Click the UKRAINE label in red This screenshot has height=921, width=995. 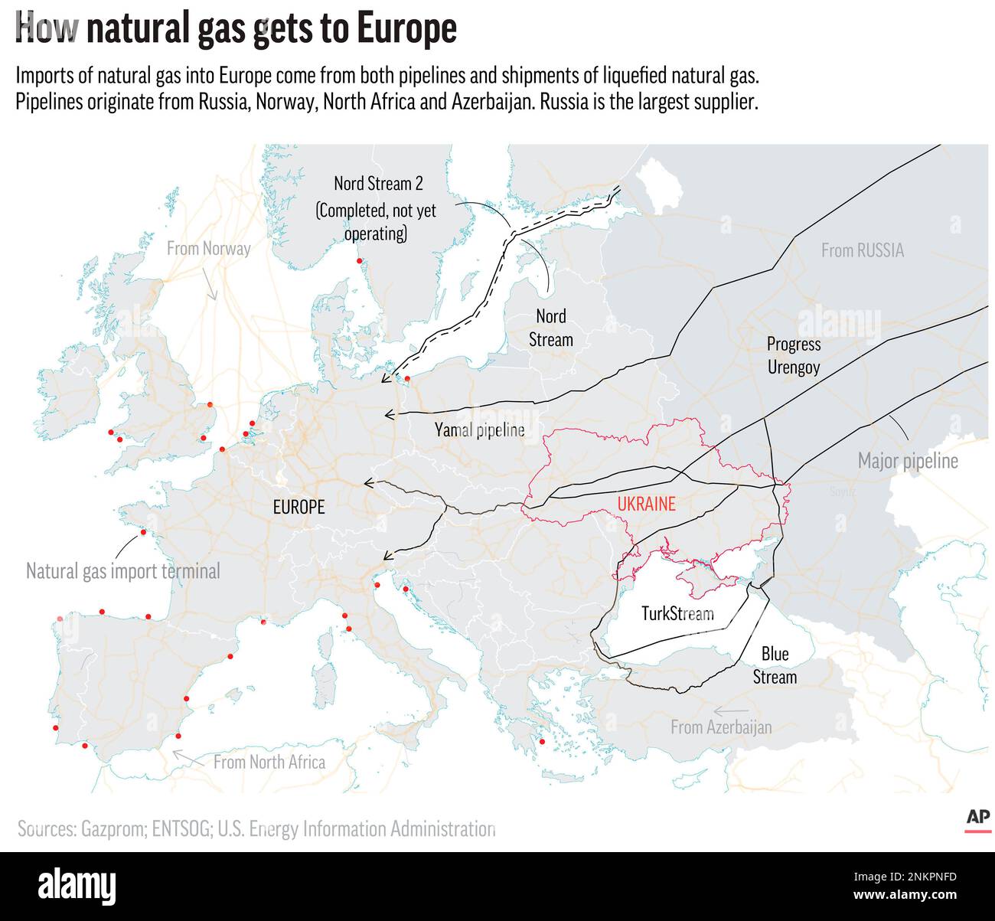coord(646,504)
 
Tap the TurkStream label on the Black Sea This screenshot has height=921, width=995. coord(677,614)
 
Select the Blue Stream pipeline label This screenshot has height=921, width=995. coord(775,665)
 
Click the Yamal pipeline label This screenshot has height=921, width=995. coord(480,429)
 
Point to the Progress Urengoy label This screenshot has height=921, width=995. coord(794,355)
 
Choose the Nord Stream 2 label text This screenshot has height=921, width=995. coord(378,184)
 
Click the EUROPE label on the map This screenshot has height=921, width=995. coord(298,507)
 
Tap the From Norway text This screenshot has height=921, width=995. coord(208,248)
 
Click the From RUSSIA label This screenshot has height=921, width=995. coord(863,250)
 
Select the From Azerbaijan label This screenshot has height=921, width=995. coord(721,727)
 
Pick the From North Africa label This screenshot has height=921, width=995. coord(269,762)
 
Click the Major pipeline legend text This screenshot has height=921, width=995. coord(908,461)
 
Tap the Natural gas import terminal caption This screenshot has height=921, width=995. coord(122,571)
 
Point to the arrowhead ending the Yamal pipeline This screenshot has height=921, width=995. coord(388,414)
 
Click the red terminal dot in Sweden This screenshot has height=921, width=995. coord(359,262)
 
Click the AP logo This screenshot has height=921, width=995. coord(977,818)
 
